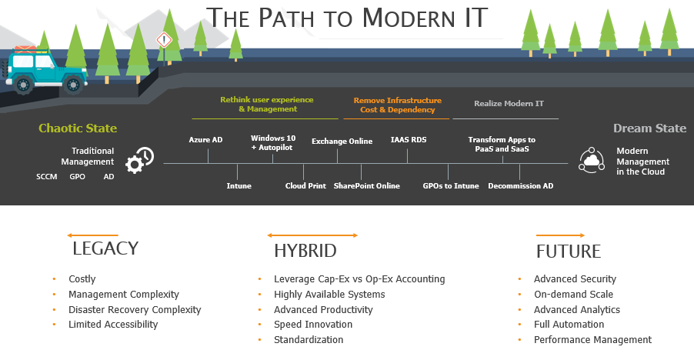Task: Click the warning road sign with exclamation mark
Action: click(x=164, y=40)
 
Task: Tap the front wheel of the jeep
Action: click(x=73, y=84)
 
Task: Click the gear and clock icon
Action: click(x=139, y=160)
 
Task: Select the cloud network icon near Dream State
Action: click(x=592, y=160)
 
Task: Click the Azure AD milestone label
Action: click(x=205, y=140)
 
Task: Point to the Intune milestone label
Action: click(x=239, y=185)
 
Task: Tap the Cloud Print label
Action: click(x=305, y=185)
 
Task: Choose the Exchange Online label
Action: click(x=342, y=141)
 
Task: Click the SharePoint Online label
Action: click(x=367, y=185)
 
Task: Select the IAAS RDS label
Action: click(x=409, y=140)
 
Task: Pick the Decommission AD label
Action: click(x=520, y=185)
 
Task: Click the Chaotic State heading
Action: click(x=78, y=128)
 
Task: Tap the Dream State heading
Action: click(x=649, y=128)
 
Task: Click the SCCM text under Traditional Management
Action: click(x=47, y=176)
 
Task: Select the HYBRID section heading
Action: click(x=305, y=251)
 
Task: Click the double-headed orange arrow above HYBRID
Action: click(x=312, y=235)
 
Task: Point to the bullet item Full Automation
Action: click(x=569, y=324)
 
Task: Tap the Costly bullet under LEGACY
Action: click(x=82, y=279)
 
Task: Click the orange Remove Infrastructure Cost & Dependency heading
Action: click(x=398, y=105)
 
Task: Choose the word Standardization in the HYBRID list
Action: click(x=309, y=340)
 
